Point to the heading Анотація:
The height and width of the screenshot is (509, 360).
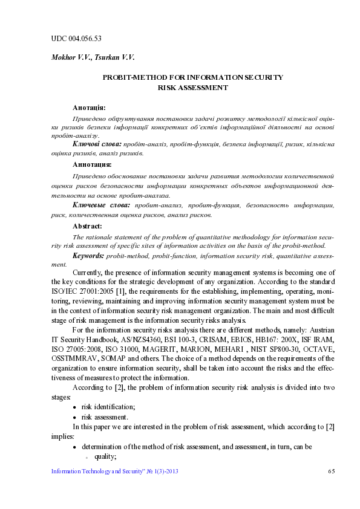(89, 107)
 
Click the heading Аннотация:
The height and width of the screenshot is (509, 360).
(92, 164)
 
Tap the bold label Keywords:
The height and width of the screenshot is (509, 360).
(88, 256)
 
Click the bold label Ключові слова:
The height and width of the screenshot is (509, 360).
(96, 144)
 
